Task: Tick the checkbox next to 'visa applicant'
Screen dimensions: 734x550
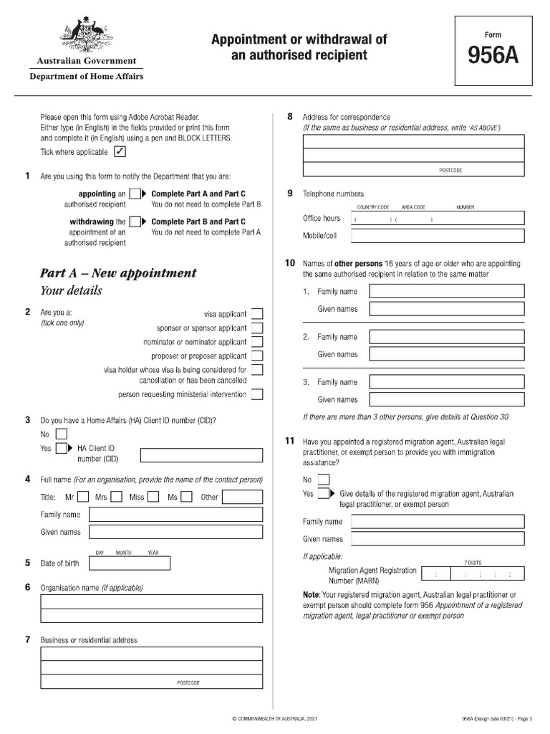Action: (257, 314)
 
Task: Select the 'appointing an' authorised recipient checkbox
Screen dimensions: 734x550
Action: (135, 194)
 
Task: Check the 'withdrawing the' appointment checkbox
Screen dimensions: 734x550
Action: (135, 222)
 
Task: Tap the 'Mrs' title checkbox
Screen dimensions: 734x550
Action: (116, 497)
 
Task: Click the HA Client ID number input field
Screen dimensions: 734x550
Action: (201, 455)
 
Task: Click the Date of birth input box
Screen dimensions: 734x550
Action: (129, 563)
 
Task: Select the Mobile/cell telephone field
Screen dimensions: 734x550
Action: (438, 236)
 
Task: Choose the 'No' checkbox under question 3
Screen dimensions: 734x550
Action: (62, 434)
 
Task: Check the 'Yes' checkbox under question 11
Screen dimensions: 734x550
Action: (324, 494)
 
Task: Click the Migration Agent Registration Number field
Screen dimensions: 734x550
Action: (473, 573)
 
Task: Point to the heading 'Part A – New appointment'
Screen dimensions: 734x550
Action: (118, 273)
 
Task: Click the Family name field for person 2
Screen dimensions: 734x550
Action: (446, 337)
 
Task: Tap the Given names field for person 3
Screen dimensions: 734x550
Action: (446, 399)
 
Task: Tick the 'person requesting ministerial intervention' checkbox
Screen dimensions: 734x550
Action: (257, 394)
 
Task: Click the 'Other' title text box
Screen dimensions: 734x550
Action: (243, 497)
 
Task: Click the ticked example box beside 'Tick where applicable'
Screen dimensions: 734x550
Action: (120, 152)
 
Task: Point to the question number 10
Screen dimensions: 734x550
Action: (290, 264)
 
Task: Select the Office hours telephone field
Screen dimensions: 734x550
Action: (438, 219)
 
